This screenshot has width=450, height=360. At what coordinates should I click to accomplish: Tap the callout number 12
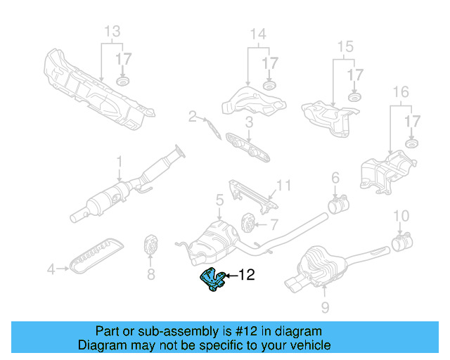tap(247, 276)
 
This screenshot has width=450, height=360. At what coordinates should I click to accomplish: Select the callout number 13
tap(112, 32)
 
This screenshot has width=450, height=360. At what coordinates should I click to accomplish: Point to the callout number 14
tap(258, 34)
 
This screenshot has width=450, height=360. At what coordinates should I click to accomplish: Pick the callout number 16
tap(400, 92)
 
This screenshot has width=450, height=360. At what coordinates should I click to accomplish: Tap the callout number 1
tap(119, 160)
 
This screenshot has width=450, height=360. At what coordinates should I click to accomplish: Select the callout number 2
tap(191, 116)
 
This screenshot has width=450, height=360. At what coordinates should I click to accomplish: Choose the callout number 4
tap(51, 268)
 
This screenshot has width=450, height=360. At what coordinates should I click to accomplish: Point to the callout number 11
tap(283, 186)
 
